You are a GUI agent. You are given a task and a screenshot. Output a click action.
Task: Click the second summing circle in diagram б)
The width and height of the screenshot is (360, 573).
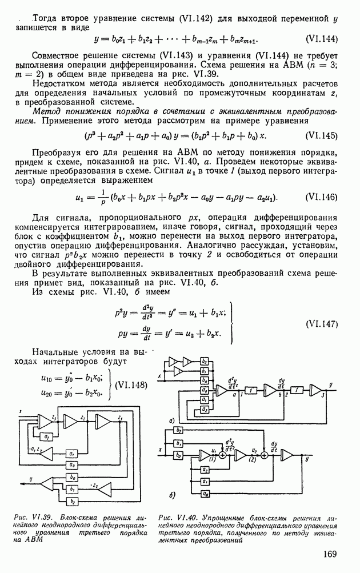pyautogui.click(x=265, y=455)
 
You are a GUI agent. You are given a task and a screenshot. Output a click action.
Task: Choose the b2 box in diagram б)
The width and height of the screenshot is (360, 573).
pyautogui.click(x=178, y=430)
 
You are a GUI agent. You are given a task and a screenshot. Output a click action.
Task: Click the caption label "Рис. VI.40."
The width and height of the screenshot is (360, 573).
pyautogui.click(x=174, y=518)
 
